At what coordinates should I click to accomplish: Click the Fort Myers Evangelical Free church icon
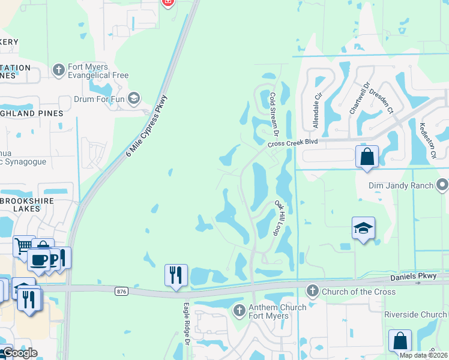[x=58, y=70]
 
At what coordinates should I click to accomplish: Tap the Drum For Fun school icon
[x=134, y=98]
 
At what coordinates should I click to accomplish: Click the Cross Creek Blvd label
[x=292, y=142]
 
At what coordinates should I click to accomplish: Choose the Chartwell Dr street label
[x=357, y=98]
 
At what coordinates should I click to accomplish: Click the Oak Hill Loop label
[x=283, y=218]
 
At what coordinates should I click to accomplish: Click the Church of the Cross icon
[x=312, y=292]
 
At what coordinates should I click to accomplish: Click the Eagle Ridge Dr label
[x=186, y=331]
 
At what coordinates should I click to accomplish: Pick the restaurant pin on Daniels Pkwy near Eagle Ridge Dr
[x=176, y=275]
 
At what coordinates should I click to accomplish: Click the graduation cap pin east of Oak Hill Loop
[x=363, y=228]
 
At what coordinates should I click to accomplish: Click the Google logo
[x=19, y=353]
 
